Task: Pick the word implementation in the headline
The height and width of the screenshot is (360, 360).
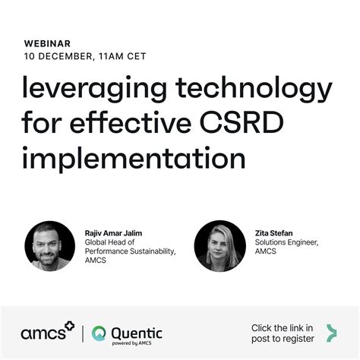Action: pos(134,159)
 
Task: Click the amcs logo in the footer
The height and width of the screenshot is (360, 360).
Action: pos(46,331)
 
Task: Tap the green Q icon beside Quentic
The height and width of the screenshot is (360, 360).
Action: pos(99,333)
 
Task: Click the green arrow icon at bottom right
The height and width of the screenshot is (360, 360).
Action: pos(330,332)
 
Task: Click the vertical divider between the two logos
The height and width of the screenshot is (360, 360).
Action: pos(83,332)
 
